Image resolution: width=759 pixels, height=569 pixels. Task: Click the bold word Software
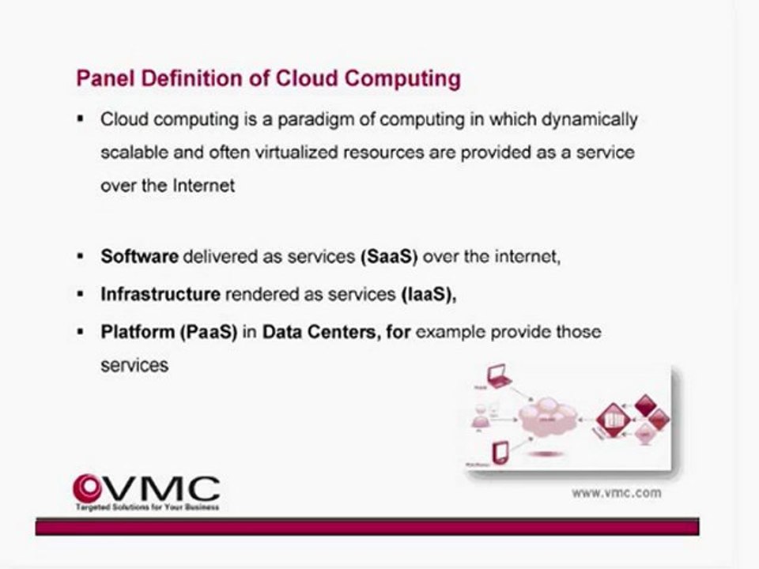tap(139, 257)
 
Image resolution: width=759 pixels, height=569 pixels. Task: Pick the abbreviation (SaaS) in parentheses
tap(387, 257)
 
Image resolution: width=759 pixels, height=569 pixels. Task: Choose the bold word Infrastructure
tap(160, 294)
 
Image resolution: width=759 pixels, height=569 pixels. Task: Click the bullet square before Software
tap(81, 257)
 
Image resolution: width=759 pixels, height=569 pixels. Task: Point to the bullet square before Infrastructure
tap(81, 294)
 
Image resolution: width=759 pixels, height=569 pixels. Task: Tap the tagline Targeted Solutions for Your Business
tap(147, 507)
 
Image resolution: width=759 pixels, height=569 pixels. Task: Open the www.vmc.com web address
tap(616, 492)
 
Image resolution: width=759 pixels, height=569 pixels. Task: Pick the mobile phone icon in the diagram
tap(500, 452)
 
